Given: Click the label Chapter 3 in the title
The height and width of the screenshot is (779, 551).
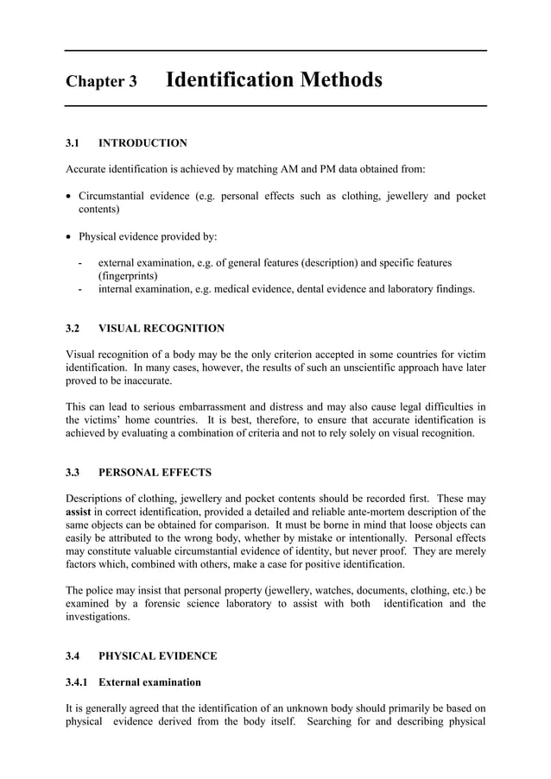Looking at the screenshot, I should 101,83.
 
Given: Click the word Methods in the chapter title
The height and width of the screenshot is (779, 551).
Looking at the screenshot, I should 340,81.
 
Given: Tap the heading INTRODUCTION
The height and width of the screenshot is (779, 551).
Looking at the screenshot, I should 142,143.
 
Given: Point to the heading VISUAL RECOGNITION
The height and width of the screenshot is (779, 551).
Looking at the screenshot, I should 161,329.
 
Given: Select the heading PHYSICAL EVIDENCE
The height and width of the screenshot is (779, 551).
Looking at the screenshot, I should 157,656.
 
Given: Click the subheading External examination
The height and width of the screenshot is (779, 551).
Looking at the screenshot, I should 149,682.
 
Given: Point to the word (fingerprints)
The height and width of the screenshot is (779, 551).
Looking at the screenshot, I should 128,276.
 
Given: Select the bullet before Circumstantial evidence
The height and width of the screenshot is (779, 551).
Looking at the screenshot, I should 69,197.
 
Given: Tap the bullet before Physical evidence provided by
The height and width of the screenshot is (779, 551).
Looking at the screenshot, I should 69,236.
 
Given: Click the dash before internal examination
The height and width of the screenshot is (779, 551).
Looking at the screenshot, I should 79,290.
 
